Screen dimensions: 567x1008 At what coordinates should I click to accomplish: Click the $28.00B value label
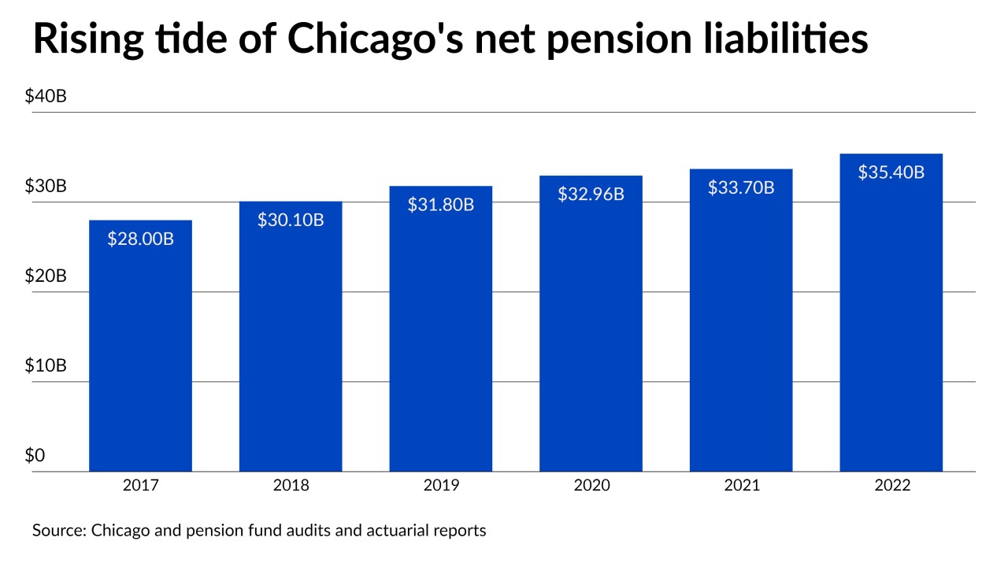140,238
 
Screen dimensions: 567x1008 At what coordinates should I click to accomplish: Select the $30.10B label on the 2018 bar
291,220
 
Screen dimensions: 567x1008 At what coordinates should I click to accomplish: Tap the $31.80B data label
440,205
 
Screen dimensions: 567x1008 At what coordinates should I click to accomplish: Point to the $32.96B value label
591,194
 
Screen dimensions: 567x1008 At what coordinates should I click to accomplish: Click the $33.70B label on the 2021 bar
741,187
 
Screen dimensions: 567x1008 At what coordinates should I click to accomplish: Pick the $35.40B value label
891,172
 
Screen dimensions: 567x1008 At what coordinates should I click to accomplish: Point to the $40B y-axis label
46,97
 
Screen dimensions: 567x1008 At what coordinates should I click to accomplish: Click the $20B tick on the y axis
46,276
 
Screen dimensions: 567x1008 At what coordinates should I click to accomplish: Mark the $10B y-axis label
46,366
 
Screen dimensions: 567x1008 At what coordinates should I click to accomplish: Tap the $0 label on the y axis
35,456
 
